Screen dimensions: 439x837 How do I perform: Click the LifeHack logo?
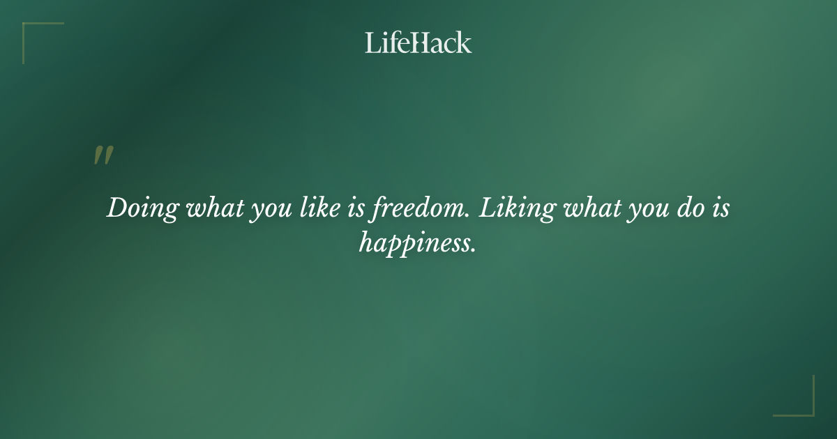pos(418,43)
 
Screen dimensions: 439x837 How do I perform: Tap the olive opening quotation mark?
pos(103,156)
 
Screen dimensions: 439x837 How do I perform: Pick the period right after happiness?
pos(474,249)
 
